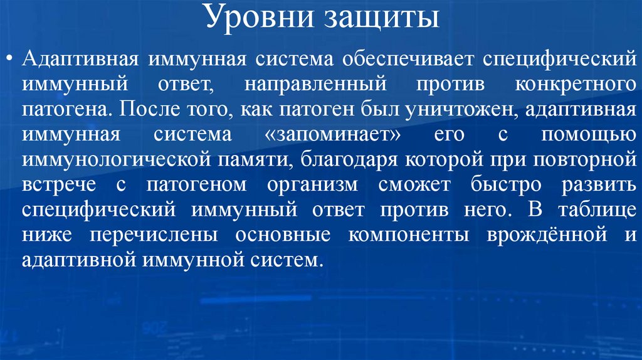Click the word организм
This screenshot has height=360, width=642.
[313, 185]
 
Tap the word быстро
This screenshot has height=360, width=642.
[493, 185]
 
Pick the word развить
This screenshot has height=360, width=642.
[593, 185]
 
